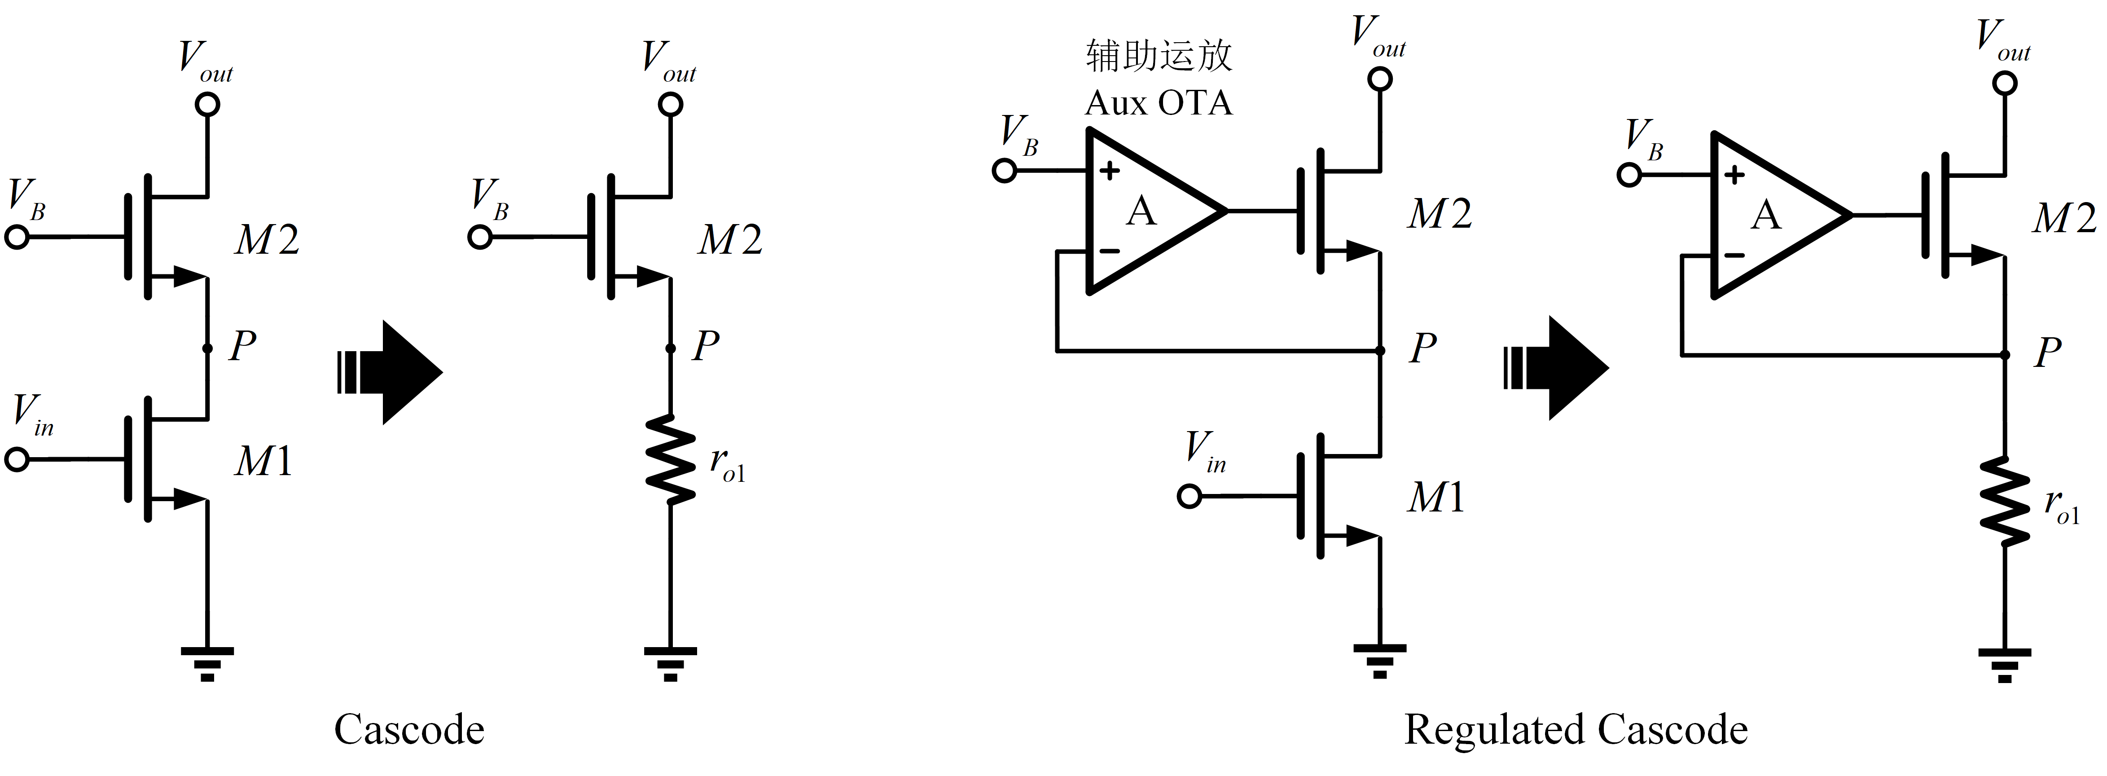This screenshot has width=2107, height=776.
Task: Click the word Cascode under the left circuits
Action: (x=409, y=729)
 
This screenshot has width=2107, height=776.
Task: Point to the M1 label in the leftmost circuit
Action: (x=263, y=462)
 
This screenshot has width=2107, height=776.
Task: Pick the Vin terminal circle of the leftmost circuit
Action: (x=17, y=460)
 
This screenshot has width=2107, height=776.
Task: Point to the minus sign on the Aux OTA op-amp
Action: (x=1109, y=251)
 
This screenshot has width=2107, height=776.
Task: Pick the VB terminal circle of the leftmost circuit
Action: (x=17, y=238)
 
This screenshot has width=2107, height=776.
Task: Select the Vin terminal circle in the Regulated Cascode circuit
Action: (x=1190, y=496)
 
